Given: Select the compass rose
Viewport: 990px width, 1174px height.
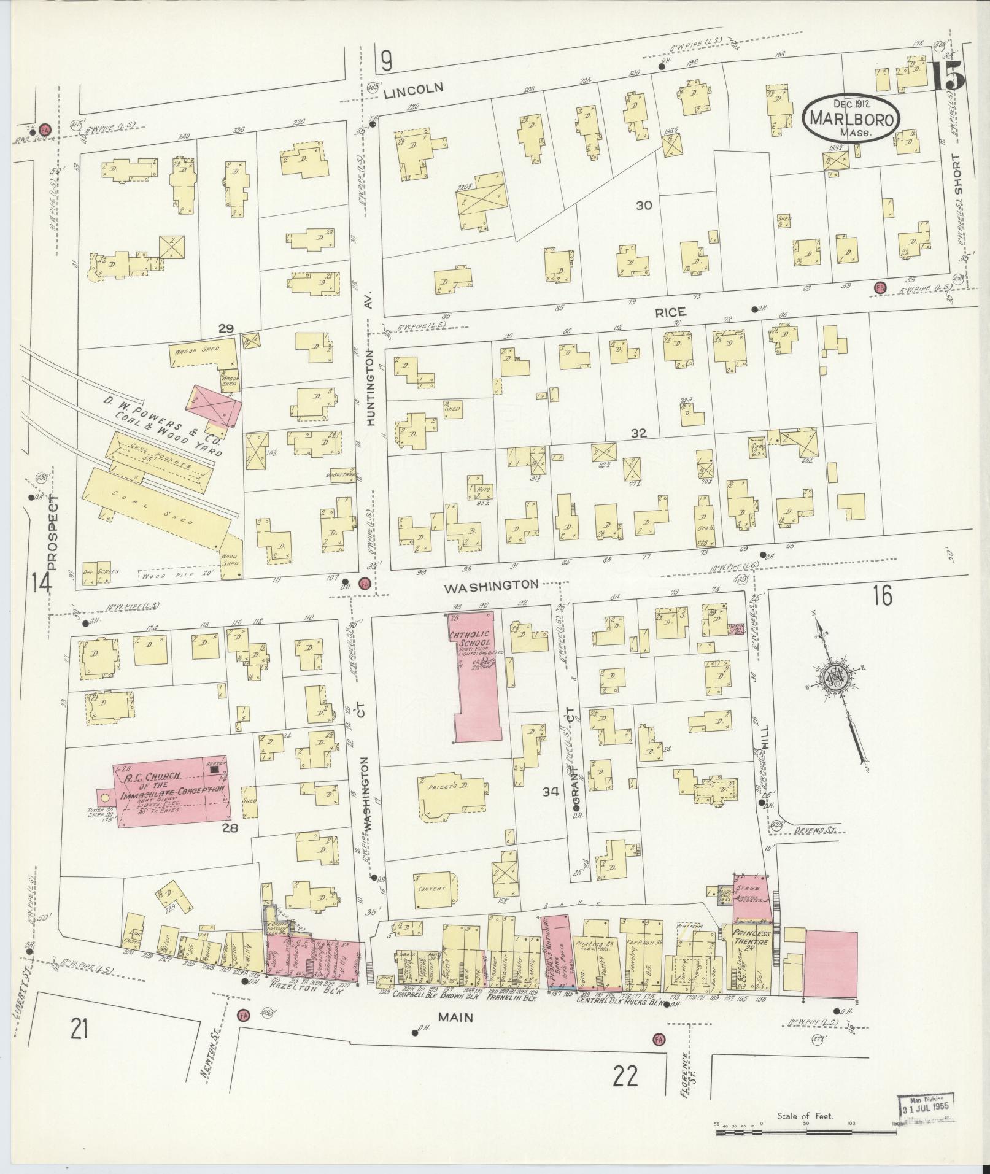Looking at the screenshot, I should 836,677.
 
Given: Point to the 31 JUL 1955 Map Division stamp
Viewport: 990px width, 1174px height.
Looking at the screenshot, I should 927,1105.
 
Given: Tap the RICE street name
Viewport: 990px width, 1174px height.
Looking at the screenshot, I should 670,312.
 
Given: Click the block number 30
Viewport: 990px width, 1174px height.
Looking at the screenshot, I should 643,206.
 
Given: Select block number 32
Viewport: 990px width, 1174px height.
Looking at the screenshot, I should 638,433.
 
